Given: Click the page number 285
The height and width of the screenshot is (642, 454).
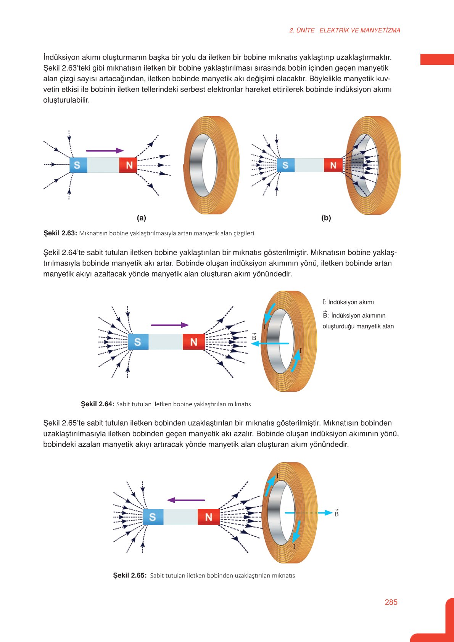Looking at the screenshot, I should pyautogui.click(x=391, y=602).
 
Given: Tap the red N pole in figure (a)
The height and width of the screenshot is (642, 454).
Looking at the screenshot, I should pyautogui.click(x=128, y=165).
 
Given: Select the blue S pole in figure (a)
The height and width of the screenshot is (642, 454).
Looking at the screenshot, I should pyautogui.click(x=78, y=165).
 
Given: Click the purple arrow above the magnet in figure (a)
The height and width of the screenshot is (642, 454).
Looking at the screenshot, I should pyautogui.click(x=105, y=151).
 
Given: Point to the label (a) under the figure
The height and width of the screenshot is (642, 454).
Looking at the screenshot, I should pyautogui.click(x=142, y=218).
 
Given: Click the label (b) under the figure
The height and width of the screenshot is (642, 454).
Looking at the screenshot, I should pyautogui.click(x=326, y=218).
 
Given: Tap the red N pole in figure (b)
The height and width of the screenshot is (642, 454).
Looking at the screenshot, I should pyautogui.click(x=333, y=165).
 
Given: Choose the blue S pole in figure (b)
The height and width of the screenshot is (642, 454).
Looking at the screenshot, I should pyautogui.click(x=286, y=165).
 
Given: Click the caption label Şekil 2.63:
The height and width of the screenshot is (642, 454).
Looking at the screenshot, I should pyautogui.click(x=60, y=233).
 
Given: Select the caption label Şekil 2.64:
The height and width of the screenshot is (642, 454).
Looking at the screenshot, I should pyautogui.click(x=98, y=404).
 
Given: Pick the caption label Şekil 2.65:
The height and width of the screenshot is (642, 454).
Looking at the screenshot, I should pyautogui.click(x=130, y=575).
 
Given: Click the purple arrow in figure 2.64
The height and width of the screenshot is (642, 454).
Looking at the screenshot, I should pyautogui.click(x=170, y=325).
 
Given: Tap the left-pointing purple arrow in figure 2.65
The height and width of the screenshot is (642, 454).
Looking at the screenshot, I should pyautogui.click(x=186, y=500).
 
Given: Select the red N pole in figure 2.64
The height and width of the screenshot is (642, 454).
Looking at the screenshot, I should pyautogui.click(x=194, y=342).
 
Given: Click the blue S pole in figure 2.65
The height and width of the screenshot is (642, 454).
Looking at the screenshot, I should pyautogui.click(x=153, y=517).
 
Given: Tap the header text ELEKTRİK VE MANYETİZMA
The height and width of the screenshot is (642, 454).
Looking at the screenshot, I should pyautogui.click(x=360, y=31).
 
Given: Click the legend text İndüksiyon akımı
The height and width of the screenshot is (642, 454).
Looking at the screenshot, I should pyautogui.click(x=351, y=302).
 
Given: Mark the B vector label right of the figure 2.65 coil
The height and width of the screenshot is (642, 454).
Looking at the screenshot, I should pyautogui.click(x=336, y=513).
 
